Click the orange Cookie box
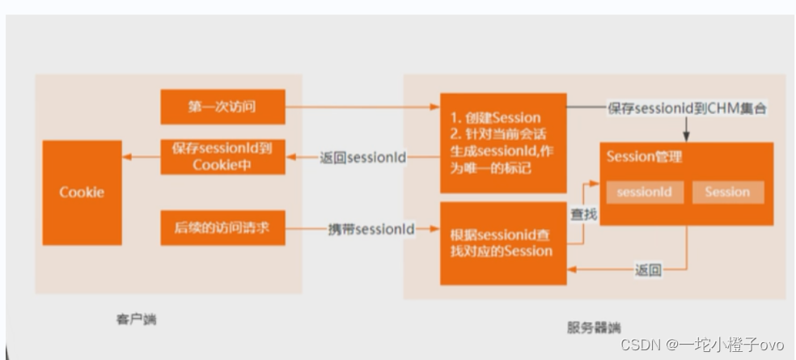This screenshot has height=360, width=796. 82,193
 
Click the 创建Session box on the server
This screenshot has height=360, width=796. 491,142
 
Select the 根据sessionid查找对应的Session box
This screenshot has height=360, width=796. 491,244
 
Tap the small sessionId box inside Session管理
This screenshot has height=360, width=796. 645,193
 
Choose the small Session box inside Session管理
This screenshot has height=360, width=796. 727,193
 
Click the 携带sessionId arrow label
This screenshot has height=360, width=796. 371,229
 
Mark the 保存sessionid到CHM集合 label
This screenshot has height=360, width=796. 686,108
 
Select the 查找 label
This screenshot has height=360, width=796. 585,214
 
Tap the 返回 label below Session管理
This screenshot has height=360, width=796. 648,269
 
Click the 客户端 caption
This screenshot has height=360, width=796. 136,320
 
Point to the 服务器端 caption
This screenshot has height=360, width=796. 594,328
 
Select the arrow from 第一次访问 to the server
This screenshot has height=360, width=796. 360,106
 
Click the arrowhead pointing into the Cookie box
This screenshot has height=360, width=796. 130,158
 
